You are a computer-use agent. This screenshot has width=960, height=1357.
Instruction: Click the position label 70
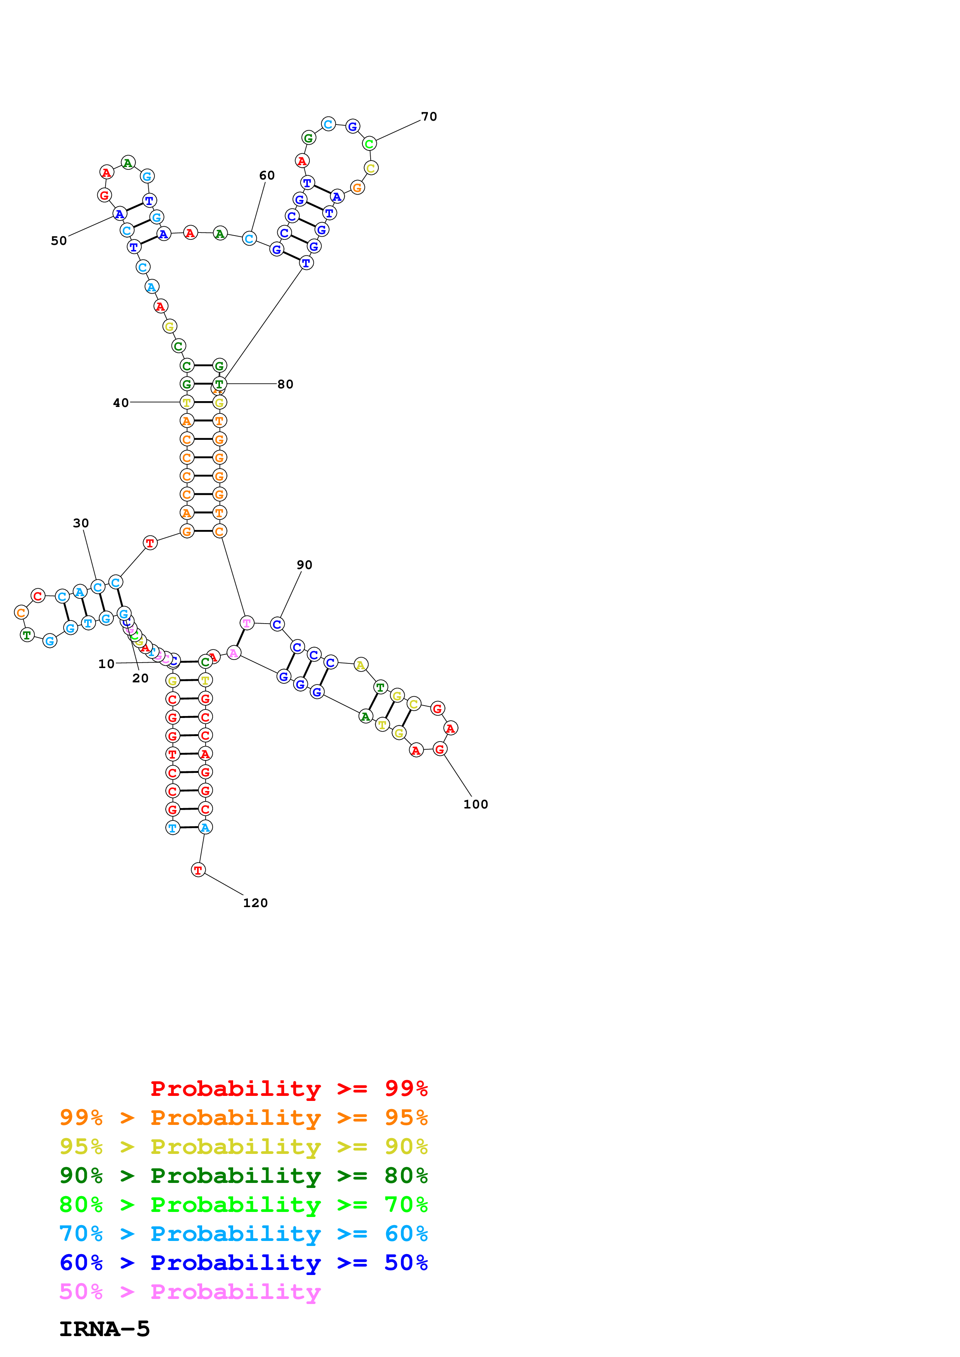pyautogui.click(x=429, y=116)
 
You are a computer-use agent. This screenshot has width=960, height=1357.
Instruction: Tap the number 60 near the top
pyautogui.click(x=267, y=176)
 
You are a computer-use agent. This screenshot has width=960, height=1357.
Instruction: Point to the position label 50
pyautogui.click(x=58, y=241)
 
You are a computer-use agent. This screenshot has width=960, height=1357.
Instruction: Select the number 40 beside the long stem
pyautogui.click(x=121, y=402)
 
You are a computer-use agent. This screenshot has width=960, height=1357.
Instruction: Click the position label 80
pyautogui.click(x=285, y=384)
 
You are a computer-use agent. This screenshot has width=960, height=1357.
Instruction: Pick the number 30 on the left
pyautogui.click(x=81, y=523)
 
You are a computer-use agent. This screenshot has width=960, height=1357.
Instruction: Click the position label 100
pyautogui.click(x=476, y=804)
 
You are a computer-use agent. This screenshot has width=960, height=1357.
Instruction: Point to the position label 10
pyautogui.click(x=106, y=664)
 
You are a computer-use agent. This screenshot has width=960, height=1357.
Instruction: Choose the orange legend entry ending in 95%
pyautogui.click(x=243, y=1118)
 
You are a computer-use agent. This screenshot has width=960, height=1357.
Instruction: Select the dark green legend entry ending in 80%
pyautogui.click(x=243, y=1176)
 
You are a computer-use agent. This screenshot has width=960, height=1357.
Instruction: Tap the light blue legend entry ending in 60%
pyautogui.click(x=243, y=1234)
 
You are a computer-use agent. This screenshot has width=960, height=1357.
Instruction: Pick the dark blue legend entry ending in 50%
pyautogui.click(x=243, y=1263)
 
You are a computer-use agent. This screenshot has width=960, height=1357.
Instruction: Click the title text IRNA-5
pyautogui.click(x=105, y=1329)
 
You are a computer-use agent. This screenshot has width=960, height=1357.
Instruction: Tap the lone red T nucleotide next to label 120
pyautogui.click(x=198, y=870)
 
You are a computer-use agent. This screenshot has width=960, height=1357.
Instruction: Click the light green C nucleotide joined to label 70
pyautogui.click(x=369, y=144)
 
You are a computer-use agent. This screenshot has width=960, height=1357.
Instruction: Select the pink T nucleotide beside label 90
pyautogui.click(x=247, y=622)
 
